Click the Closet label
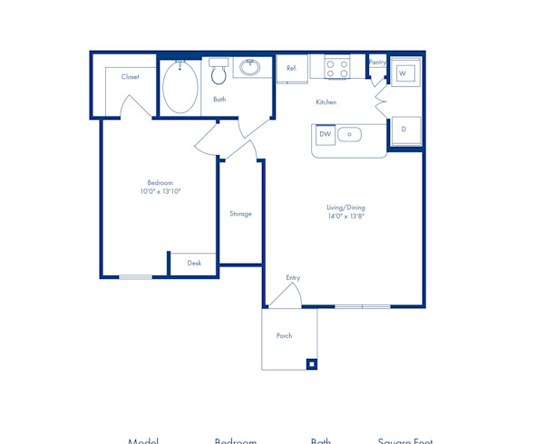click(x=131, y=77)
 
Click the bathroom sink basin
click(x=250, y=67)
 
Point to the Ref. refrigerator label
click(x=292, y=69)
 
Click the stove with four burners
click(x=337, y=69)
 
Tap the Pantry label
click(x=377, y=63)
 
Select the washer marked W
click(x=403, y=72)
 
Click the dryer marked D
click(x=403, y=130)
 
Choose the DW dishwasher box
click(x=325, y=135)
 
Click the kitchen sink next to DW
click(x=349, y=135)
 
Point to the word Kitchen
click(x=325, y=102)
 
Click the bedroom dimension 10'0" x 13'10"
click(x=160, y=192)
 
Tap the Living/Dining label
click(x=345, y=208)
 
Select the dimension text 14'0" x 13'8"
click(x=345, y=217)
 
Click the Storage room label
click(x=240, y=214)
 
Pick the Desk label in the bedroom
click(x=194, y=264)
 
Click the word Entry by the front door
click(x=293, y=278)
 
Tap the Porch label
click(x=284, y=336)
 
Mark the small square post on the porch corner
click(x=311, y=364)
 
